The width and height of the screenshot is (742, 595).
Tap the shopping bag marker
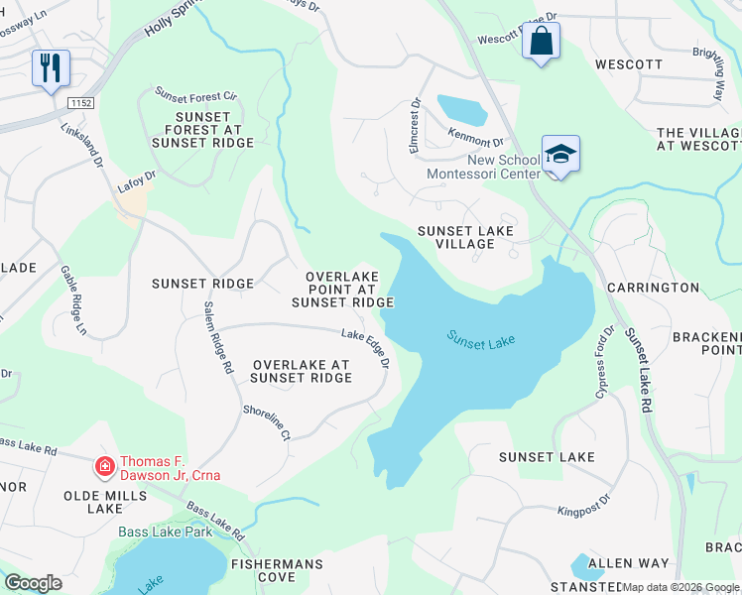pyautogui.click(x=541, y=42)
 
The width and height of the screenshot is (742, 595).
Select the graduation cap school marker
pyautogui.click(x=560, y=155)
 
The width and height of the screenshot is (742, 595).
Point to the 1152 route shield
pyautogui.click(x=81, y=102)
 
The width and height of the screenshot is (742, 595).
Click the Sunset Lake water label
pyautogui.click(x=481, y=341)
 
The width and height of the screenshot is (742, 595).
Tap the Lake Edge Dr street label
pyautogui.click(x=365, y=349)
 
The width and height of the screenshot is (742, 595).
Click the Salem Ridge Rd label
pyautogui.click(x=219, y=337)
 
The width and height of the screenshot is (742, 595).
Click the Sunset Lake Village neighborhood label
pyautogui.click(x=465, y=238)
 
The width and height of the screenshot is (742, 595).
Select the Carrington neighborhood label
pyautogui.click(x=653, y=288)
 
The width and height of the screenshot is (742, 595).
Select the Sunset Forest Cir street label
pyautogui.click(x=195, y=95)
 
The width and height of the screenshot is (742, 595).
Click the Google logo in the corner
pyautogui.click(x=33, y=583)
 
